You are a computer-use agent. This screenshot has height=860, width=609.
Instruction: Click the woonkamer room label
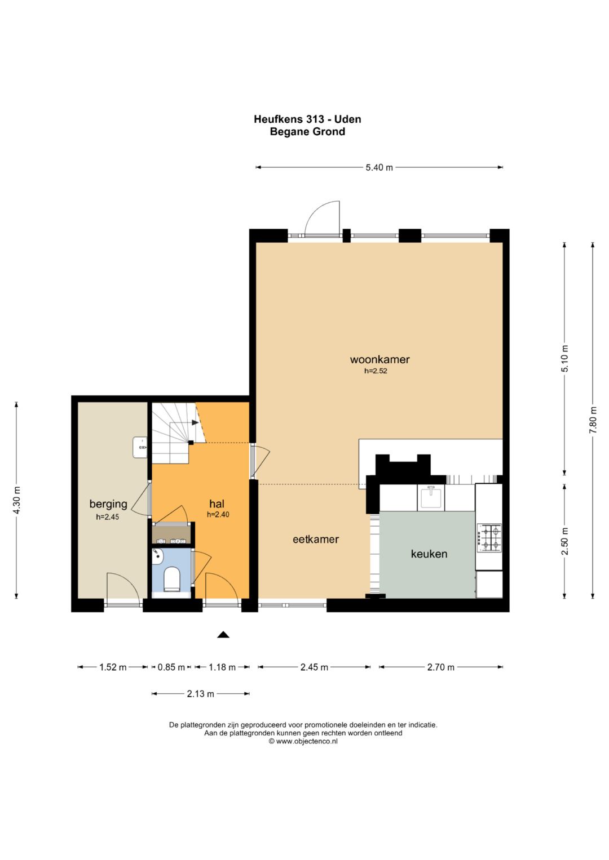379,359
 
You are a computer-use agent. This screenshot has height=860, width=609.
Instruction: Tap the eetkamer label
316,539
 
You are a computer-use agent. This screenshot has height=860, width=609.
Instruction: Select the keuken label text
429,554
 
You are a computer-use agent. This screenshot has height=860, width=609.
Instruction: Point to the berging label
108,503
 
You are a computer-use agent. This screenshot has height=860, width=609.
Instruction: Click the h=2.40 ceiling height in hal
218,514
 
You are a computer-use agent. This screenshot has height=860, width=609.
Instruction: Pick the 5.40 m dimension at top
379,167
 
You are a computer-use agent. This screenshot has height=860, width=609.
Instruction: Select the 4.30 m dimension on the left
16,500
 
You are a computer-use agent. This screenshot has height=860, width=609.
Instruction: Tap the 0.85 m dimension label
171,667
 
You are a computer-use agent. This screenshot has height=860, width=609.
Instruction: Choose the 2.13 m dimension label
200,694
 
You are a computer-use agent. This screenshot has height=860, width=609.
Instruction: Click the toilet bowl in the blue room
172,580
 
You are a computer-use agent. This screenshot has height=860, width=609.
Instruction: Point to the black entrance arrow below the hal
223,635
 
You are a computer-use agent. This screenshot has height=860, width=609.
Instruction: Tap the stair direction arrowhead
195,423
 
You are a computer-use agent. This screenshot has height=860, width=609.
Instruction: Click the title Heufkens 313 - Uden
307,119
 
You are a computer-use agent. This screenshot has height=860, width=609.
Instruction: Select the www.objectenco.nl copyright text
303,741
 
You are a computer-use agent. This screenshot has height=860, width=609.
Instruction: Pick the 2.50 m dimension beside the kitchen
565,541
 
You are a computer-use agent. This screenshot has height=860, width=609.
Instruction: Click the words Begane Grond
307,132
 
